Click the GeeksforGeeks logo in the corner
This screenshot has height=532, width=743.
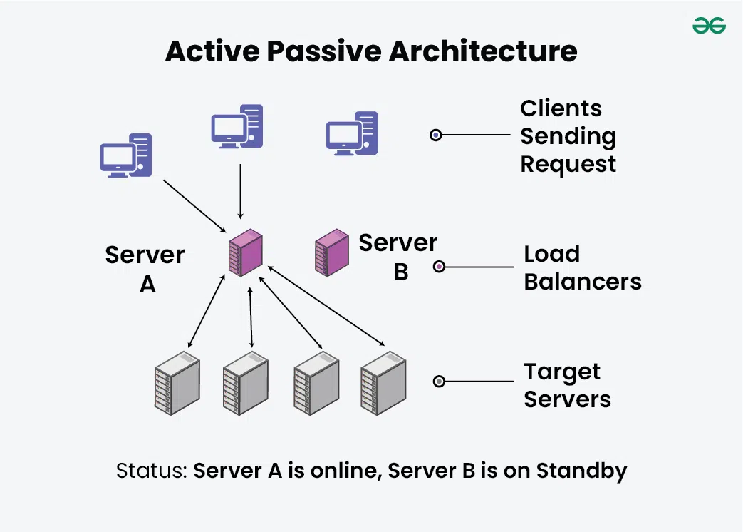pos(709,26)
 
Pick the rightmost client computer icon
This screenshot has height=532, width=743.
pos(352,133)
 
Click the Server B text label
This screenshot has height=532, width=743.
pos(398,257)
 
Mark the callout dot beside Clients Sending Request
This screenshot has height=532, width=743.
pos(436,135)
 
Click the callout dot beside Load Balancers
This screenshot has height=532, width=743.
pos(440,267)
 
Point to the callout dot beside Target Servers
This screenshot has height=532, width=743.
pos(440,382)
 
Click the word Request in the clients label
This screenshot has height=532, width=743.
pos(568,164)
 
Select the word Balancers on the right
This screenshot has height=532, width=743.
pos(583,281)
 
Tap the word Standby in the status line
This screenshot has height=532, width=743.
pos(581,471)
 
